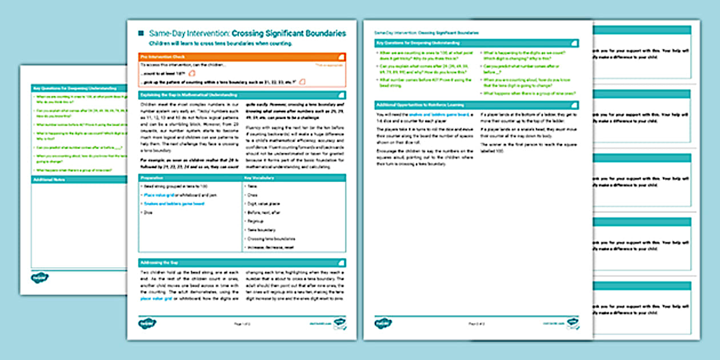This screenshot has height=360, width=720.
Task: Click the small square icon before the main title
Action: (141, 34)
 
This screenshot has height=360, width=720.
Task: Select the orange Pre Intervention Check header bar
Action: (242, 57)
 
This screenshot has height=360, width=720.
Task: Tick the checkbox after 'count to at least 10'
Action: (192, 74)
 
